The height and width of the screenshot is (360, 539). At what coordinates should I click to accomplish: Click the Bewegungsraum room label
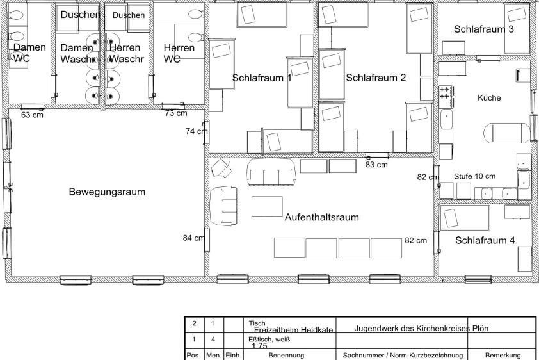pyautogui.click(x=108, y=192)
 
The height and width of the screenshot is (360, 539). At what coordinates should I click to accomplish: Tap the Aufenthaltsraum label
pyautogui.click(x=322, y=217)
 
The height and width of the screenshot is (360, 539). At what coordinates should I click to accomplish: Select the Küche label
pyautogui.click(x=489, y=98)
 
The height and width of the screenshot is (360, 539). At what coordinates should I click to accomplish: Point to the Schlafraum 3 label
pyautogui.click(x=484, y=29)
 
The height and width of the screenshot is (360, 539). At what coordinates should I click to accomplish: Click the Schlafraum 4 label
pyautogui.click(x=485, y=240)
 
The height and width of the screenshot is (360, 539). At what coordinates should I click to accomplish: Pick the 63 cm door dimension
pyautogui.click(x=32, y=115)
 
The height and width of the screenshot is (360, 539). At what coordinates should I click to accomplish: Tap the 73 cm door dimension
pyautogui.click(x=176, y=113)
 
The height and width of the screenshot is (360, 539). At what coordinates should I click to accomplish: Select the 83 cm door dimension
pyautogui.click(x=376, y=165)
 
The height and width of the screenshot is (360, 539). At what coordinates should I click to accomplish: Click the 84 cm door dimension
pyautogui.click(x=194, y=238)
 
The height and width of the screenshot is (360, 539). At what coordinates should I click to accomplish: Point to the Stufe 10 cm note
pyautogui.click(x=475, y=176)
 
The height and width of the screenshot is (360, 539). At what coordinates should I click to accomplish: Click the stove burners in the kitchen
pyautogui.click(x=446, y=93)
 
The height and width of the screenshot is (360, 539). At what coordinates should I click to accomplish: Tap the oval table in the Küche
pyautogui.click(x=507, y=133)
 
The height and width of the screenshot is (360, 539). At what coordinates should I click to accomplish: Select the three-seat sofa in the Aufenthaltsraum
pyautogui.click(x=271, y=172)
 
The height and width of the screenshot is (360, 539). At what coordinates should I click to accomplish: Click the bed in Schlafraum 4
pyautogui.click(x=464, y=218)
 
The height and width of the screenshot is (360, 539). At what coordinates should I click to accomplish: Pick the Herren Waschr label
pyautogui.click(x=126, y=53)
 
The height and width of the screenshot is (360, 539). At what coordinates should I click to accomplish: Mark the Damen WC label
pyautogui.click(x=29, y=53)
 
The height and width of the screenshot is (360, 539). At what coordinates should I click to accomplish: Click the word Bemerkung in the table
pyautogui.click(x=503, y=355)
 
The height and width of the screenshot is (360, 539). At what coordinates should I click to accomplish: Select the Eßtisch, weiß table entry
pyautogui.click(x=269, y=340)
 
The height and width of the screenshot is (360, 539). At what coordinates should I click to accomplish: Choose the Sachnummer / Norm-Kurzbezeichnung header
pyautogui.click(x=403, y=355)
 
